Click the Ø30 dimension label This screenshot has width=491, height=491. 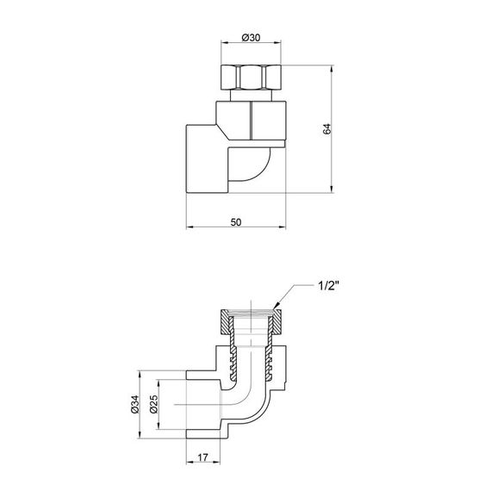(x=250, y=37)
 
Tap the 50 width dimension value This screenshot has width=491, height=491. (x=236, y=222)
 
